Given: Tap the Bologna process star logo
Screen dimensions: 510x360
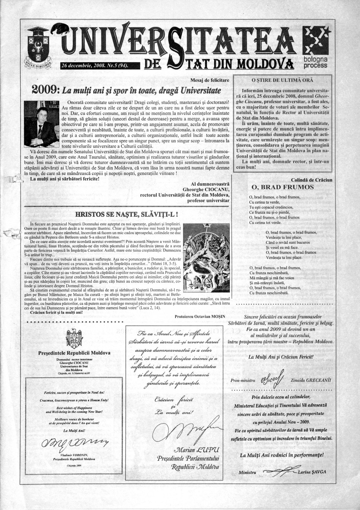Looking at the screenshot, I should coord(316,40).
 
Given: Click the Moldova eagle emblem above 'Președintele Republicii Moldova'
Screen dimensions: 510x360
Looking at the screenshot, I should coord(74,340).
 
